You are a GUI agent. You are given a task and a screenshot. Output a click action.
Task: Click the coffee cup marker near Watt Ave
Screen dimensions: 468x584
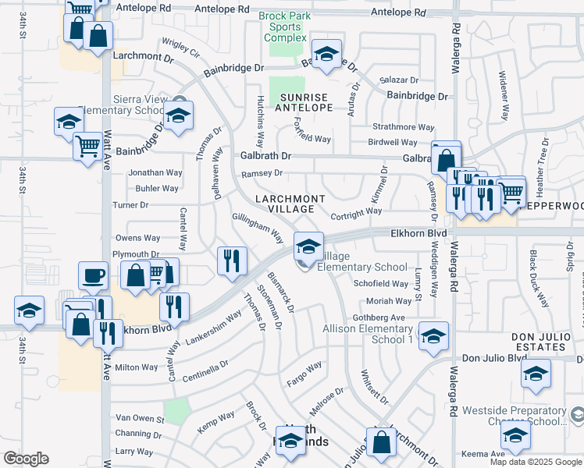point(93,275)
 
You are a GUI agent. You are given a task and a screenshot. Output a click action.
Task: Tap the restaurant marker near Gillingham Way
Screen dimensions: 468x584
point(231,261)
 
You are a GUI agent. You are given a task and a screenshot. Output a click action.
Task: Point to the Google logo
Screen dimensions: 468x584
point(26,459)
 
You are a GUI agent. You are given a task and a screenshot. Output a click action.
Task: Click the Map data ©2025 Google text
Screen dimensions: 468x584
point(535,462)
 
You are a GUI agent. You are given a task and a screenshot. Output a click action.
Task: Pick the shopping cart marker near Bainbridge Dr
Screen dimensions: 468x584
point(88,146)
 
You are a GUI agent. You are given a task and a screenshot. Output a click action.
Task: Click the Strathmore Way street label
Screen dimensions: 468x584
point(403,126)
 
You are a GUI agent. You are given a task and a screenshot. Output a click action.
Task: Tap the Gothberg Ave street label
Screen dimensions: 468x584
point(379,317)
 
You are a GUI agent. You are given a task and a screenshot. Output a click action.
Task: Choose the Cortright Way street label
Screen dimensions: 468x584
point(356,211)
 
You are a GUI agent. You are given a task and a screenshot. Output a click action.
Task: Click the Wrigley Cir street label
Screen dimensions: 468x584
point(180,48)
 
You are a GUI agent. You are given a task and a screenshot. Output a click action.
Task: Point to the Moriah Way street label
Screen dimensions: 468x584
point(389,301)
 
